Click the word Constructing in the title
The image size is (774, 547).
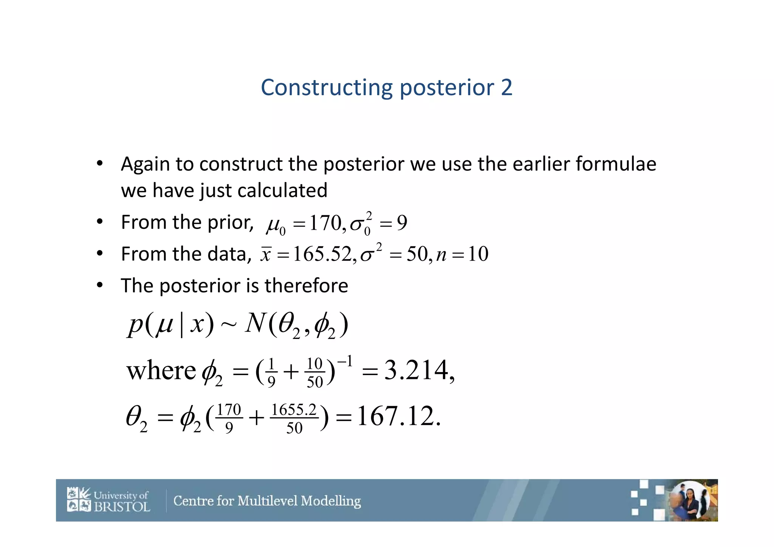[x=326, y=88]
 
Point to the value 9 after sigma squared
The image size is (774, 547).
[x=402, y=223]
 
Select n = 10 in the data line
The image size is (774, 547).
[x=462, y=254]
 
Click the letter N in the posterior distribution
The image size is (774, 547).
[x=255, y=323]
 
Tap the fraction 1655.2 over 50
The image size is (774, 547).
[x=294, y=419]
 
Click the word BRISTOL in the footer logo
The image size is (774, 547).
[x=122, y=507]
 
